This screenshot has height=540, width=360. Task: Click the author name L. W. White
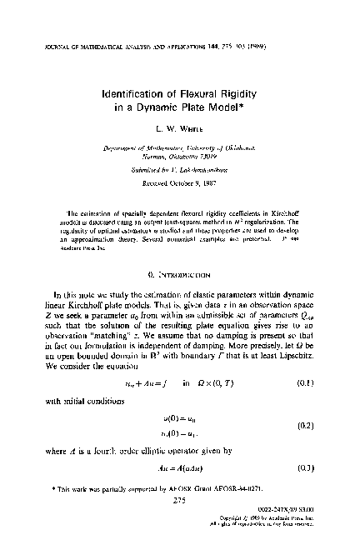coord(181,131)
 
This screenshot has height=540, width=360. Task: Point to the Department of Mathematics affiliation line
coord(181,154)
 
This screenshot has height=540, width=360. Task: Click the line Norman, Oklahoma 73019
coord(181,164)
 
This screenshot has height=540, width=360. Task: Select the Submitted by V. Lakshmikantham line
coord(181,177)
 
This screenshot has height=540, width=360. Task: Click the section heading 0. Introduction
coord(181,272)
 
